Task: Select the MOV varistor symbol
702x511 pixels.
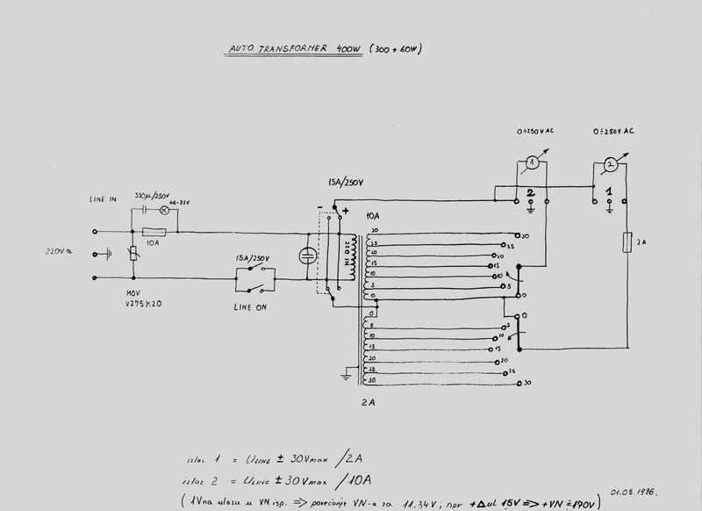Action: (x=133, y=255)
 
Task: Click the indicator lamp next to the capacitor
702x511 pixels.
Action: (x=163, y=211)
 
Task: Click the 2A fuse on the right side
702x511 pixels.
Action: (x=627, y=242)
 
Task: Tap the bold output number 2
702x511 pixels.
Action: (x=530, y=191)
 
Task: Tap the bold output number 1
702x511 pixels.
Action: (x=609, y=191)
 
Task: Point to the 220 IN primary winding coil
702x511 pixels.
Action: (x=352, y=257)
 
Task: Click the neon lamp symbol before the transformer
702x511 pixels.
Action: (x=307, y=255)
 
